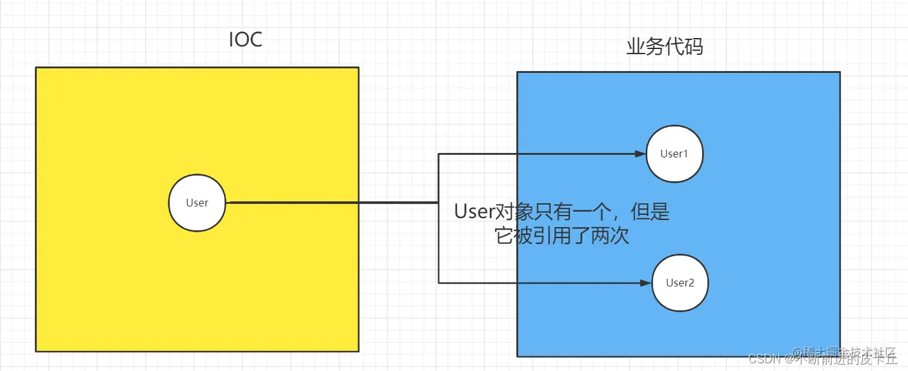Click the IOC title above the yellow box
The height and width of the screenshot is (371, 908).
[245, 40]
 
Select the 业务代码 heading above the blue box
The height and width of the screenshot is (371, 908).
[665, 46]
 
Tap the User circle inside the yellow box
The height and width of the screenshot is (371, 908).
[197, 203]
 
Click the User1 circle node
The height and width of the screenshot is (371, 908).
[674, 154]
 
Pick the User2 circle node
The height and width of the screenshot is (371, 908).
[680, 283]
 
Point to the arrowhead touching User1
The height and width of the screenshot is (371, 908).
[640, 154]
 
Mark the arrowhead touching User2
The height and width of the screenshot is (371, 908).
[645, 283]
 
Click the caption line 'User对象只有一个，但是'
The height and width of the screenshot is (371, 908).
[561, 212]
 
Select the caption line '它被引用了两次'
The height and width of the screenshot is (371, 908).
[561, 236]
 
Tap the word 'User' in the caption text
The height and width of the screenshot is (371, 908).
[474, 212]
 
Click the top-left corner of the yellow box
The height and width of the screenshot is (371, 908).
[36, 68]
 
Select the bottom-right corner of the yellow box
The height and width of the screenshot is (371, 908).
[358, 351]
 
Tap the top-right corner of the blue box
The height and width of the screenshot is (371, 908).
[840, 72]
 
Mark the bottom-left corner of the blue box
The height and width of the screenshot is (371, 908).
[518, 356]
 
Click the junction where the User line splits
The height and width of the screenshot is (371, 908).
[439, 203]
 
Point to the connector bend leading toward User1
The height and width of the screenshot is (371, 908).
[439, 154]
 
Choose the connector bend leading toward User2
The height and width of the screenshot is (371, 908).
[439, 283]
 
